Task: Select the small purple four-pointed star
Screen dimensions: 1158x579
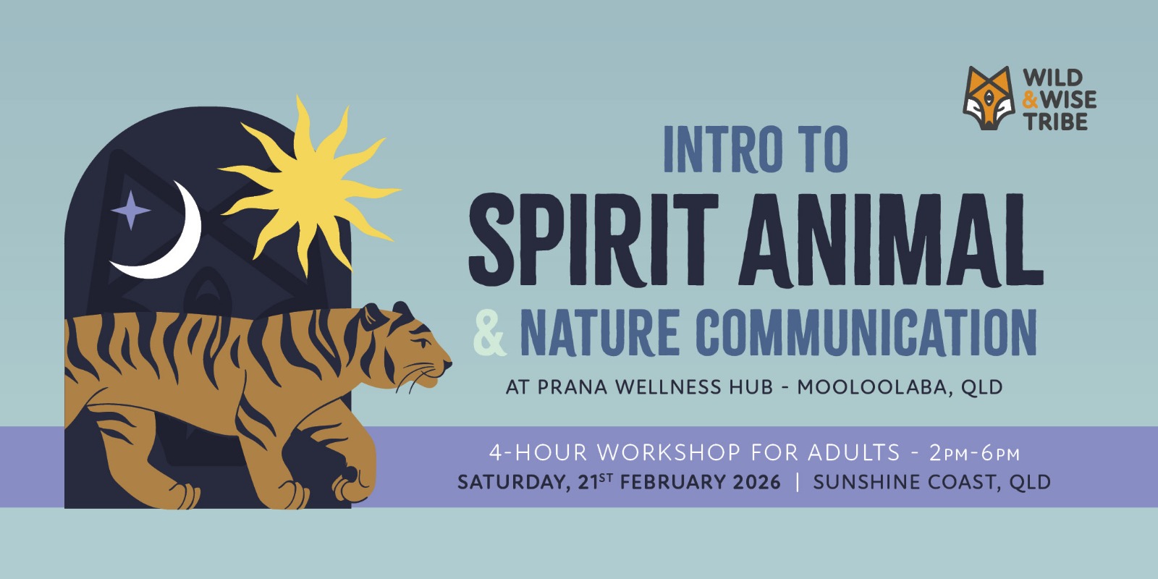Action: pyautogui.click(x=131, y=210)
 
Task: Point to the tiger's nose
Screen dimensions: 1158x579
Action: pyautogui.click(x=448, y=364)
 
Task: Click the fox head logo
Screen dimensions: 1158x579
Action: pyautogui.click(x=989, y=98)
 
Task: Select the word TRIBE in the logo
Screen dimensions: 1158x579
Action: pyautogui.click(x=1057, y=122)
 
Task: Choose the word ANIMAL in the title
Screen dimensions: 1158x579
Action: pyautogui.click(x=891, y=240)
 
